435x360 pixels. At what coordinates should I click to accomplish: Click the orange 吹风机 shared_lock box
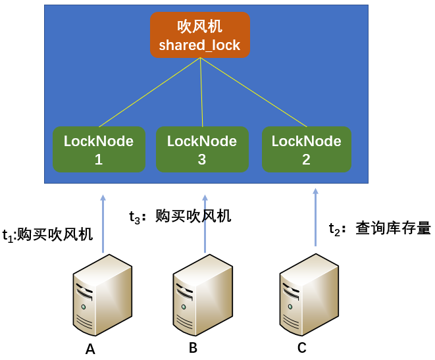199,35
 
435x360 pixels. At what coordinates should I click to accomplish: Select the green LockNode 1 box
99,149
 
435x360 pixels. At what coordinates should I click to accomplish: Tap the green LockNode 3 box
202,149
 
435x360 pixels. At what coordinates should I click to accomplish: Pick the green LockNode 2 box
306,149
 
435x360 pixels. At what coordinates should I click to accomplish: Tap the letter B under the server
193,348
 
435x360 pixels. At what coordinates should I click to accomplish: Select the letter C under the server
301,347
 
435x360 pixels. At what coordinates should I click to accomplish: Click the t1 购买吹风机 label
47,235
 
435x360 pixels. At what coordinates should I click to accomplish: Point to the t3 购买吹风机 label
180,217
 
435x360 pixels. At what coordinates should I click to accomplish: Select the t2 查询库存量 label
380,228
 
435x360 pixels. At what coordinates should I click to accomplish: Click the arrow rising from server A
103,224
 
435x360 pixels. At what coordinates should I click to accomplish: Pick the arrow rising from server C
315,217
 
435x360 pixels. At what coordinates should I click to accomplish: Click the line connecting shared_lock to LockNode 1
149,92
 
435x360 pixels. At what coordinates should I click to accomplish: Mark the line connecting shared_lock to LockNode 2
253,92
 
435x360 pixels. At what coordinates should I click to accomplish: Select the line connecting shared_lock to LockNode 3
201,92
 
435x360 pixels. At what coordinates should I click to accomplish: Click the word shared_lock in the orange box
199,46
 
